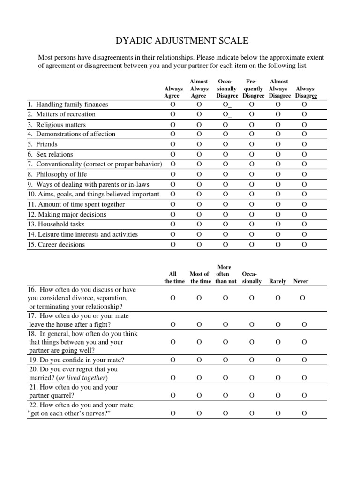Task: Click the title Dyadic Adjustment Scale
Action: click(180, 40)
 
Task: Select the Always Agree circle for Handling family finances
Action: click(173, 104)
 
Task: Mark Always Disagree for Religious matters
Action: click(304, 125)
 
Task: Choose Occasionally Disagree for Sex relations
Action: click(226, 154)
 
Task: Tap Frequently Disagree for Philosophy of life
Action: click(252, 174)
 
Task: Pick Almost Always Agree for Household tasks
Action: click(199, 224)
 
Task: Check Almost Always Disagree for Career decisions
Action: click(278, 244)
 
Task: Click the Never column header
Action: click(300, 281)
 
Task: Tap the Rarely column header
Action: click(277, 281)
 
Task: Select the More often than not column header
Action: click(225, 274)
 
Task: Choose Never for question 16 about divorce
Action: click(302, 298)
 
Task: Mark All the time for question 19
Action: click(173, 360)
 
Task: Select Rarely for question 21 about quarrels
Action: click(278, 395)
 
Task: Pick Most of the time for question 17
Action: click(199, 324)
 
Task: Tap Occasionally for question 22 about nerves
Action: click(252, 413)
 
